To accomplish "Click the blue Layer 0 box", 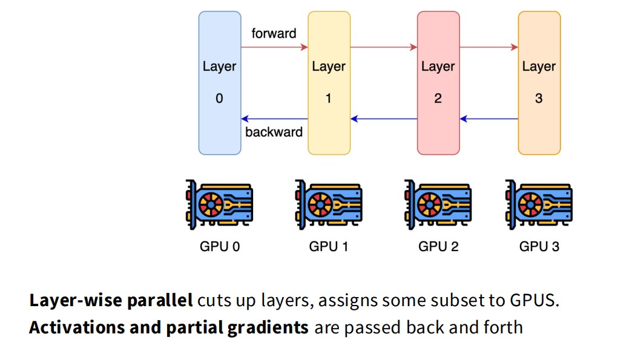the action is pyautogui.click(x=220, y=83).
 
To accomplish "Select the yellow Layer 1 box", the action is pyautogui.click(x=329, y=83).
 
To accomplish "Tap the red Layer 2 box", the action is pyautogui.click(x=438, y=83).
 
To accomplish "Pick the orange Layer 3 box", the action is pyautogui.click(x=539, y=83).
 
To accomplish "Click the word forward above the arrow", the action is pyautogui.click(x=274, y=33).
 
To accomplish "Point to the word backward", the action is pyautogui.click(x=274, y=132).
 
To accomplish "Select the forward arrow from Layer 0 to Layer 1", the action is pyautogui.click(x=275, y=47).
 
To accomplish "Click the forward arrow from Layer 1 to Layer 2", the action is pyautogui.click(x=384, y=47).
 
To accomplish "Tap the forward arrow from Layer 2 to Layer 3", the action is pyautogui.click(x=489, y=47).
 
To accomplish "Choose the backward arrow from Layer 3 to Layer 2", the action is pyautogui.click(x=489, y=119).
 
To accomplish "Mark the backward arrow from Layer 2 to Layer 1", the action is pyautogui.click(x=384, y=119).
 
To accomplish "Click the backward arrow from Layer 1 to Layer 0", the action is pyautogui.click(x=275, y=119).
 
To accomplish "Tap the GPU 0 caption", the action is pyautogui.click(x=220, y=246).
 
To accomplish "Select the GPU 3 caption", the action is pyautogui.click(x=539, y=246).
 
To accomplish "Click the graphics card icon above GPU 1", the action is pyautogui.click(x=329, y=205).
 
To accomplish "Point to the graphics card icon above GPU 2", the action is pyautogui.click(x=438, y=205).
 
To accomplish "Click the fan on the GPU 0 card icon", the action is pyautogui.click(x=211, y=205).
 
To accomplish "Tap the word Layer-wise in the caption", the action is pyautogui.click(x=76, y=301).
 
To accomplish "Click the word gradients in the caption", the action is pyautogui.click(x=268, y=328).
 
